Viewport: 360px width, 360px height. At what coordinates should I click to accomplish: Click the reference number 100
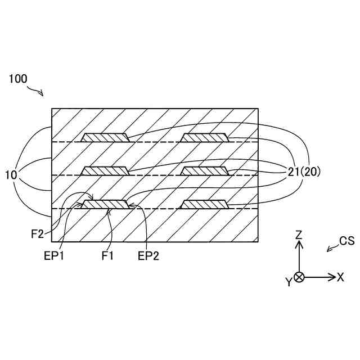(x=17, y=79)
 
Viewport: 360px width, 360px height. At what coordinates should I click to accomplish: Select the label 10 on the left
(x=11, y=175)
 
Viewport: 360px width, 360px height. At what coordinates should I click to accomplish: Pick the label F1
(x=108, y=256)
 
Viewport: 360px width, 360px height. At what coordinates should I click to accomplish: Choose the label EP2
(x=148, y=256)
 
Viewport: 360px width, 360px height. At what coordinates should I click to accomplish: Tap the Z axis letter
(x=300, y=233)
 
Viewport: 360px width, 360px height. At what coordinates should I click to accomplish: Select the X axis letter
(x=340, y=277)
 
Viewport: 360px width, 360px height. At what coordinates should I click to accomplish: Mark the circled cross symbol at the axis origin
(x=299, y=277)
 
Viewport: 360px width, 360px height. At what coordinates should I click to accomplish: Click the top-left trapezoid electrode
(x=105, y=137)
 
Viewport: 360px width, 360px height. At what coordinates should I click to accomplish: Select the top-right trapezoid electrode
(x=204, y=137)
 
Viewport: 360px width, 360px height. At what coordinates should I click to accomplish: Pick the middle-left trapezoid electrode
(x=105, y=171)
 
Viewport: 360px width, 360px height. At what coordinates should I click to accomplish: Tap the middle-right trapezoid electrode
(x=204, y=171)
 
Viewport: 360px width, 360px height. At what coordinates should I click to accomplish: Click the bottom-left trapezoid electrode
(x=105, y=204)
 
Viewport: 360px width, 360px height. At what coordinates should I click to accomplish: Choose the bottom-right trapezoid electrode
(x=204, y=204)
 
